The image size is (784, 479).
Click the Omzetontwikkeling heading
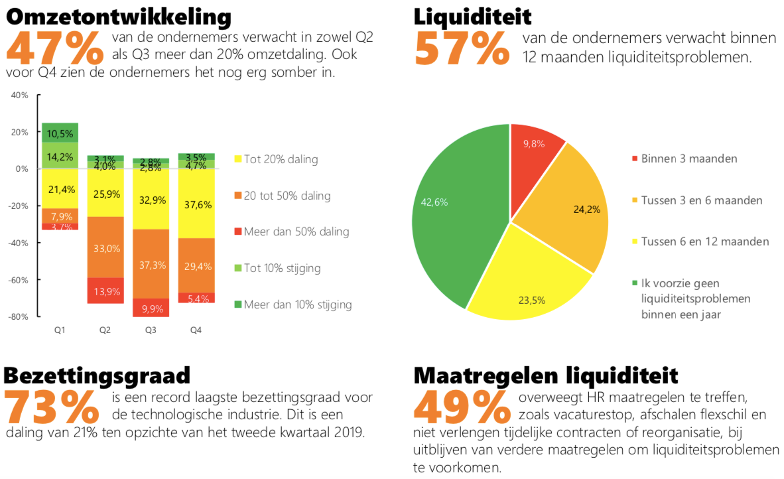tap(119, 16)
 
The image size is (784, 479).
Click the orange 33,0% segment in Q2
tap(105, 247)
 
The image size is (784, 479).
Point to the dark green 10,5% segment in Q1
tap(60, 132)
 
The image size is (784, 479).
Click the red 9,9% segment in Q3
tap(151, 308)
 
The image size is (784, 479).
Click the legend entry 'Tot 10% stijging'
tap(283, 269)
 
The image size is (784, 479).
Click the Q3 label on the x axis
tap(151, 330)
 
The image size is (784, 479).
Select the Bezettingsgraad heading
tap(97, 375)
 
